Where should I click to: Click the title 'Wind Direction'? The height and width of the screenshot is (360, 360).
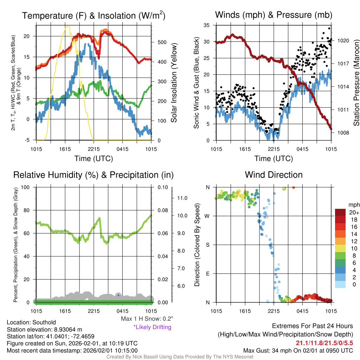[274, 175]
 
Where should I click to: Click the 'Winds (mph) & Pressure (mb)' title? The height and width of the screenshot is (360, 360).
[274, 15]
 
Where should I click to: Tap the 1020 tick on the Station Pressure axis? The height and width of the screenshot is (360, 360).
[343, 40]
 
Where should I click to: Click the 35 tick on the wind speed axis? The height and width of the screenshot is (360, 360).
[207, 25]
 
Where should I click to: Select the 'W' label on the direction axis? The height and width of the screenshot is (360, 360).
[207, 216]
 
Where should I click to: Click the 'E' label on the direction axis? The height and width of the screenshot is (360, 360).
[207, 274]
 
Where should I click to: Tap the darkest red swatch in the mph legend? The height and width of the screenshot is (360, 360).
[340, 212]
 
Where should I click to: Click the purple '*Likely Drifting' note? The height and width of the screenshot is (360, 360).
[152, 327]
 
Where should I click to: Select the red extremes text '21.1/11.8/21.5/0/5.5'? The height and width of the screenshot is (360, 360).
[324, 343]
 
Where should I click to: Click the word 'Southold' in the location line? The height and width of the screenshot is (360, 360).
[43, 322]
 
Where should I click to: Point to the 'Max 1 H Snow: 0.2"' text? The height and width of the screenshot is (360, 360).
[147, 319]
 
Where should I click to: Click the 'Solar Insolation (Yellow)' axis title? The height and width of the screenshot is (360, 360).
[174, 83]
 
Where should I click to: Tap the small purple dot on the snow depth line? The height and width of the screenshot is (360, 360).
[118, 295]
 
